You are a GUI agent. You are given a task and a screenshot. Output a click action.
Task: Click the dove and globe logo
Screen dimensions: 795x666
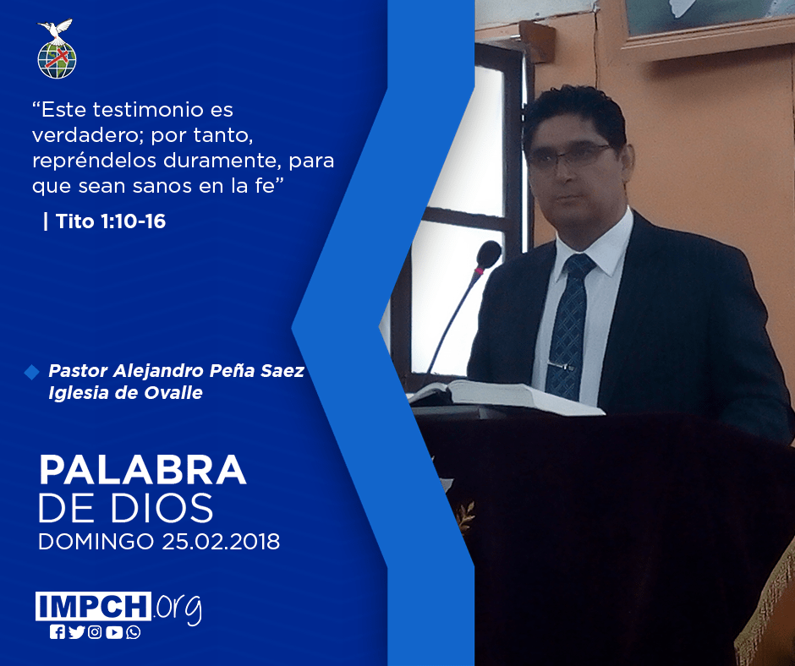pyautogui.click(x=57, y=49)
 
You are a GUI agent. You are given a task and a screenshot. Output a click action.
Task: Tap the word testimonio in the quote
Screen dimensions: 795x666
pyautogui.click(x=138, y=110)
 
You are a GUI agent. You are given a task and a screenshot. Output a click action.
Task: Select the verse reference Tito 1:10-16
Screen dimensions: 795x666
pyautogui.click(x=111, y=221)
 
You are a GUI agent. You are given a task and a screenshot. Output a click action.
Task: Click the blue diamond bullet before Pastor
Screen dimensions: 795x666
pyautogui.click(x=31, y=372)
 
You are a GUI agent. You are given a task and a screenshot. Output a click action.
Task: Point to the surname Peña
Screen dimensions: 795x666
pyautogui.click(x=233, y=370)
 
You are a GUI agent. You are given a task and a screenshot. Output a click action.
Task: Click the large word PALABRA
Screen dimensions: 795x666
pyautogui.click(x=142, y=470)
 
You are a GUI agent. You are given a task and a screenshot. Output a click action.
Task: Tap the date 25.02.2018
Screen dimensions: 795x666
pyautogui.click(x=221, y=542)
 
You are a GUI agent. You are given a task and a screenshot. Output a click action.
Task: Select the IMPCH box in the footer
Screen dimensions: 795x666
pyautogui.click(x=93, y=606)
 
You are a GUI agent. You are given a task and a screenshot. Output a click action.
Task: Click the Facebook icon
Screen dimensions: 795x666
pyautogui.click(x=58, y=632)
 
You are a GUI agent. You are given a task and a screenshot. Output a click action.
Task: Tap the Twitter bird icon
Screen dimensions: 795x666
pyautogui.click(x=76, y=632)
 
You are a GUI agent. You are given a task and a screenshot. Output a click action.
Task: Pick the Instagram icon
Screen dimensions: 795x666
pyautogui.click(x=95, y=632)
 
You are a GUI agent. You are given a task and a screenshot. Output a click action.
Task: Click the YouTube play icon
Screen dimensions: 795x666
pyautogui.click(x=114, y=632)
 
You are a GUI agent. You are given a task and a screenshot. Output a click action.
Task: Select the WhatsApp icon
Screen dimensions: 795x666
pyautogui.click(x=134, y=632)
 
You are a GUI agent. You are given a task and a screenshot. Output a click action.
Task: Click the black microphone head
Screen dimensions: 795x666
pyautogui.click(x=488, y=255)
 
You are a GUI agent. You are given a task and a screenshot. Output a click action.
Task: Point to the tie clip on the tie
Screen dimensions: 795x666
pyautogui.click(x=561, y=365)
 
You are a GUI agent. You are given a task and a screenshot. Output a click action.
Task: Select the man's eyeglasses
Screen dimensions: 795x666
pyautogui.click(x=567, y=156)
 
